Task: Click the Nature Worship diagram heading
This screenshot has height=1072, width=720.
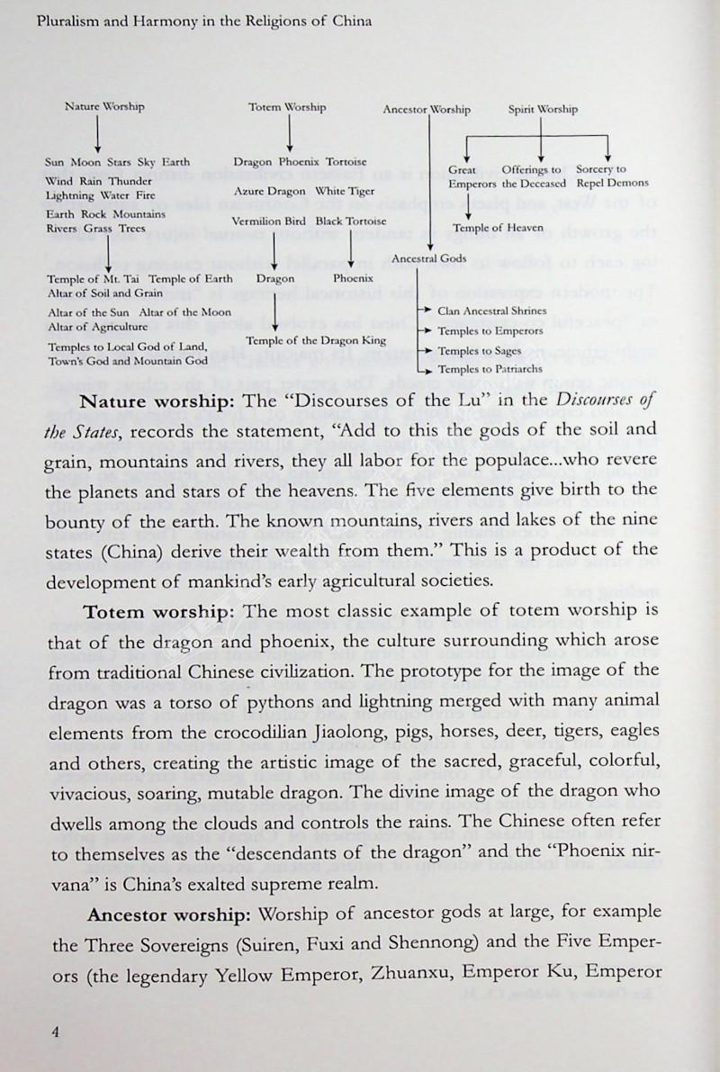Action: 104,106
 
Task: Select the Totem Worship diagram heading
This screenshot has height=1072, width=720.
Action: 287,107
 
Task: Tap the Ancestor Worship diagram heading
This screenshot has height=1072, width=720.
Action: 426,110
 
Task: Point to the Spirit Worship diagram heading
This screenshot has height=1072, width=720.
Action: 542,110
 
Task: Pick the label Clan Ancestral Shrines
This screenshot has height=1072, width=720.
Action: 491,311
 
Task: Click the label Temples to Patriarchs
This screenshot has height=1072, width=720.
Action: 489,370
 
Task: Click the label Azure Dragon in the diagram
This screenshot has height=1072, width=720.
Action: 271,191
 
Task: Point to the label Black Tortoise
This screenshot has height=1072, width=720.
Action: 351,221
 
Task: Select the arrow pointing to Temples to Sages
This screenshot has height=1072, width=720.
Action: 430,351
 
